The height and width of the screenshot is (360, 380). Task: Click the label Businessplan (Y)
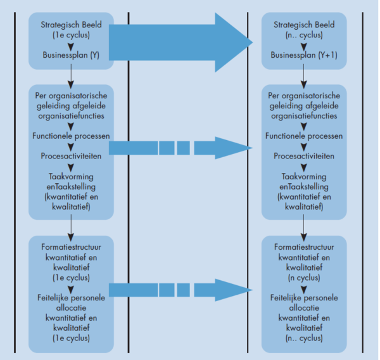pos(71,55)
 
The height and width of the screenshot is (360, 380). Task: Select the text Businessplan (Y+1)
pos(304,55)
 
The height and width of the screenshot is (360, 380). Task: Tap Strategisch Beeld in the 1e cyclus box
pos(71,26)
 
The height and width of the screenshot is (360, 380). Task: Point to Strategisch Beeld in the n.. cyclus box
pos(304,26)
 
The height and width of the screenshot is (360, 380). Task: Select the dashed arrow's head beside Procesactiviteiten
pos(237,148)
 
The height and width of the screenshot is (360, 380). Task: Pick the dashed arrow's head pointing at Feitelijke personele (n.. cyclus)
pos(237,290)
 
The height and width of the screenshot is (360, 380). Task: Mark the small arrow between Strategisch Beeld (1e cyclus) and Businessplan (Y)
pos(71,44)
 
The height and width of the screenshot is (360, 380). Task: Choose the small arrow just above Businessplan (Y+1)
pos(304,44)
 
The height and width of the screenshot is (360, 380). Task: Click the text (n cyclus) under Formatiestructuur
pos(304,276)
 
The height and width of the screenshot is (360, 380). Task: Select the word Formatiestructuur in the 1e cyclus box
pos(71,246)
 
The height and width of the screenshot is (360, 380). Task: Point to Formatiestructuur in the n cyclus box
pos(304,246)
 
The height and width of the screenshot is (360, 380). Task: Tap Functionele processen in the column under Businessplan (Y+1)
pos(304,136)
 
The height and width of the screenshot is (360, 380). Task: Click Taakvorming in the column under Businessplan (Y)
pos(71,177)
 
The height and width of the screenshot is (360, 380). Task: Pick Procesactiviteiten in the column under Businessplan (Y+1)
pos(304,156)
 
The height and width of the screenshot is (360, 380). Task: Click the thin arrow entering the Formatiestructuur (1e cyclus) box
pos(71,224)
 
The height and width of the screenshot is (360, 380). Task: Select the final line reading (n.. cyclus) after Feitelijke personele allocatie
pos(304,337)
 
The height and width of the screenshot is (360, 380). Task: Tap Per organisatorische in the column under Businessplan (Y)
pos(71,96)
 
